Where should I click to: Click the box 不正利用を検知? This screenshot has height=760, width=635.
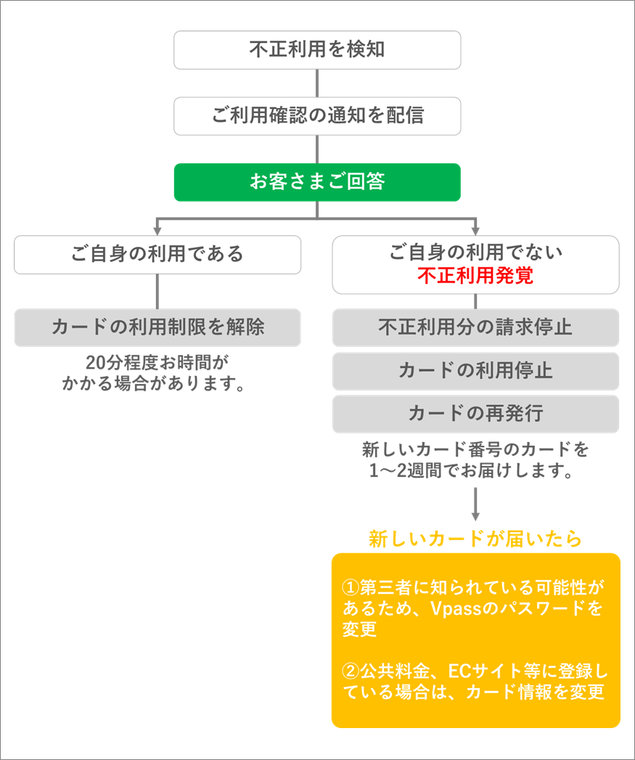click(317, 50)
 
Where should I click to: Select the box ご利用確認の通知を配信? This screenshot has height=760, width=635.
click(317, 116)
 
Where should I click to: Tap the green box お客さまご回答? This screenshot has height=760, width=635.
click(317, 182)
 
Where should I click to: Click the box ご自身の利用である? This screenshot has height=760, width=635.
click(157, 255)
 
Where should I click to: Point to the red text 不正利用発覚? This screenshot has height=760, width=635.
click(475, 276)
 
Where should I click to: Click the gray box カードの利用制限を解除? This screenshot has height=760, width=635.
click(157, 327)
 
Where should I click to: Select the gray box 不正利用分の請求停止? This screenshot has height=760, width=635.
click(475, 327)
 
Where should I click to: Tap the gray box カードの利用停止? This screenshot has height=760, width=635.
click(475, 371)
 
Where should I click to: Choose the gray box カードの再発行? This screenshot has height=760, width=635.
click(475, 414)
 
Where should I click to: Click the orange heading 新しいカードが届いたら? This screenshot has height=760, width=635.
click(475, 539)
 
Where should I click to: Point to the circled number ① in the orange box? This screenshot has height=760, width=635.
click(351, 587)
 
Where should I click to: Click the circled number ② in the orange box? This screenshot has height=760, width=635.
click(351, 671)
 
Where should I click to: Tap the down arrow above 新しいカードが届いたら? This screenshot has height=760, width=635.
click(475, 504)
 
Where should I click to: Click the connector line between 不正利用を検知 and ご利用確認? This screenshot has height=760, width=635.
click(317, 83)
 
